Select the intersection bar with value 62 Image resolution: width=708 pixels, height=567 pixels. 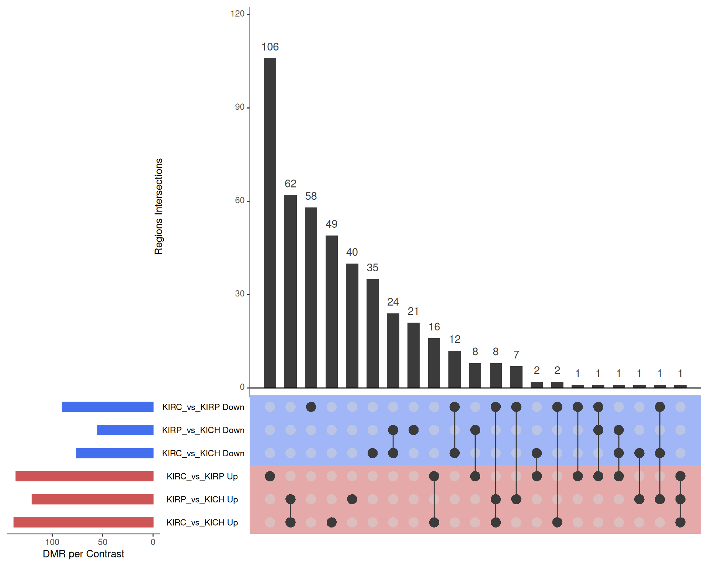[x=291, y=291]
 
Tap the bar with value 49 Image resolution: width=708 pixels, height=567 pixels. [x=332, y=312]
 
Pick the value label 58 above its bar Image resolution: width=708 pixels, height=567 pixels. [x=311, y=196]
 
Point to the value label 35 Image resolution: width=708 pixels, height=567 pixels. [x=372, y=268]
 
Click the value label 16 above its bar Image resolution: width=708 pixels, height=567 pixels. [x=434, y=327]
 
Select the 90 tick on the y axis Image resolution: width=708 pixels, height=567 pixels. [x=240, y=107]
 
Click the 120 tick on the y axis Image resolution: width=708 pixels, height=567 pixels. [x=237, y=14]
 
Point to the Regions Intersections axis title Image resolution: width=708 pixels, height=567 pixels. [x=159, y=207]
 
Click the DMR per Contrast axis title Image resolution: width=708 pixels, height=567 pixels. [x=83, y=554]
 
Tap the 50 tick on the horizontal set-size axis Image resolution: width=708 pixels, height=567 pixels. [x=103, y=542]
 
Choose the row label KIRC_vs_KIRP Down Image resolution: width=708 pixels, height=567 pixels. [x=203, y=407]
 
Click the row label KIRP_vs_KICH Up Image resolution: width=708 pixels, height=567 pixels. [x=202, y=499]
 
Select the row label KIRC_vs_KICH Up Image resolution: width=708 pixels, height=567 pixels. [x=202, y=523]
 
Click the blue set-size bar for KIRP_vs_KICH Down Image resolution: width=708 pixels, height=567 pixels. [x=125, y=430]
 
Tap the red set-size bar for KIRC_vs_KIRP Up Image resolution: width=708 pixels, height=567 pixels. [x=84, y=476]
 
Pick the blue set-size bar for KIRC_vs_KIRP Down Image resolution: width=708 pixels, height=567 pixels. [x=108, y=407]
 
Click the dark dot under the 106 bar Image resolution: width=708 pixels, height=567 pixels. [x=270, y=476]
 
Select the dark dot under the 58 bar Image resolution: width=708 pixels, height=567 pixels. [x=311, y=407]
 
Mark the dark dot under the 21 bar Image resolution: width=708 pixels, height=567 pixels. [x=413, y=430]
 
